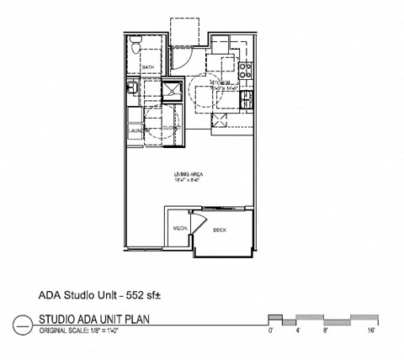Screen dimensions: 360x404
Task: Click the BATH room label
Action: (x=148, y=66)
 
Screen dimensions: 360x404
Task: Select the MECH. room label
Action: (x=179, y=229)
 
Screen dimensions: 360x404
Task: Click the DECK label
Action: (x=220, y=229)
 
